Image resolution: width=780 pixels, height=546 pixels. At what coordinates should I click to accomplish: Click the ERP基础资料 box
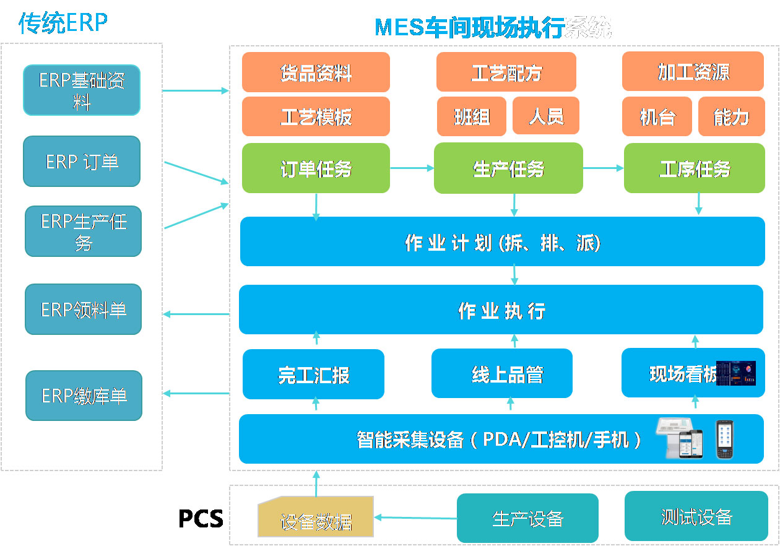click(82, 90)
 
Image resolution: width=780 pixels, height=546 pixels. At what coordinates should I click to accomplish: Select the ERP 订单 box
click(82, 162)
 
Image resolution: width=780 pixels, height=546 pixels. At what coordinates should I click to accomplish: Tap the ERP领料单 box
click(84, 310)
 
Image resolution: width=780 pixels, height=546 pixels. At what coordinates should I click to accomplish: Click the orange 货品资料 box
click(316, 72)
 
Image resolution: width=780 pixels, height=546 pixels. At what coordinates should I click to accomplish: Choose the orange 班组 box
click(472, 116)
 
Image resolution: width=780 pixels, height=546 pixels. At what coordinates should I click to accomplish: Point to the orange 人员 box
click(546, 116)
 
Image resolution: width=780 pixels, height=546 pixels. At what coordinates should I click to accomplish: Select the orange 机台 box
click(657, 116)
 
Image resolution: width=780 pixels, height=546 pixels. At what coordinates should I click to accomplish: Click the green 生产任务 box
click(508, 168)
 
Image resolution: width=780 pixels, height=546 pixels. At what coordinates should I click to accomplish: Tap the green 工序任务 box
click(695, 168)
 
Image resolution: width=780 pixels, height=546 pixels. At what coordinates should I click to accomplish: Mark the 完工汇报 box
click(313, 375)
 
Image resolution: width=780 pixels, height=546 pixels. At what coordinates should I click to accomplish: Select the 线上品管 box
click(502, 373)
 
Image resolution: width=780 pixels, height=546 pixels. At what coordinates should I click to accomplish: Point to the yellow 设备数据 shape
click(316, 517)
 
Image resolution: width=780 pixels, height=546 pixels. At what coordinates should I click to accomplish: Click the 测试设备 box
click(696, 516)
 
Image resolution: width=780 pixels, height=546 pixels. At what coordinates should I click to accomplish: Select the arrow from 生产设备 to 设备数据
click(415, 517)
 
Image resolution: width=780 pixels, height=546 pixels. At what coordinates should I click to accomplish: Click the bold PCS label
click(201, 518)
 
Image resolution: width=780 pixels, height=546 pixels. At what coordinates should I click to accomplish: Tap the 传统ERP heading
click(63, 24)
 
